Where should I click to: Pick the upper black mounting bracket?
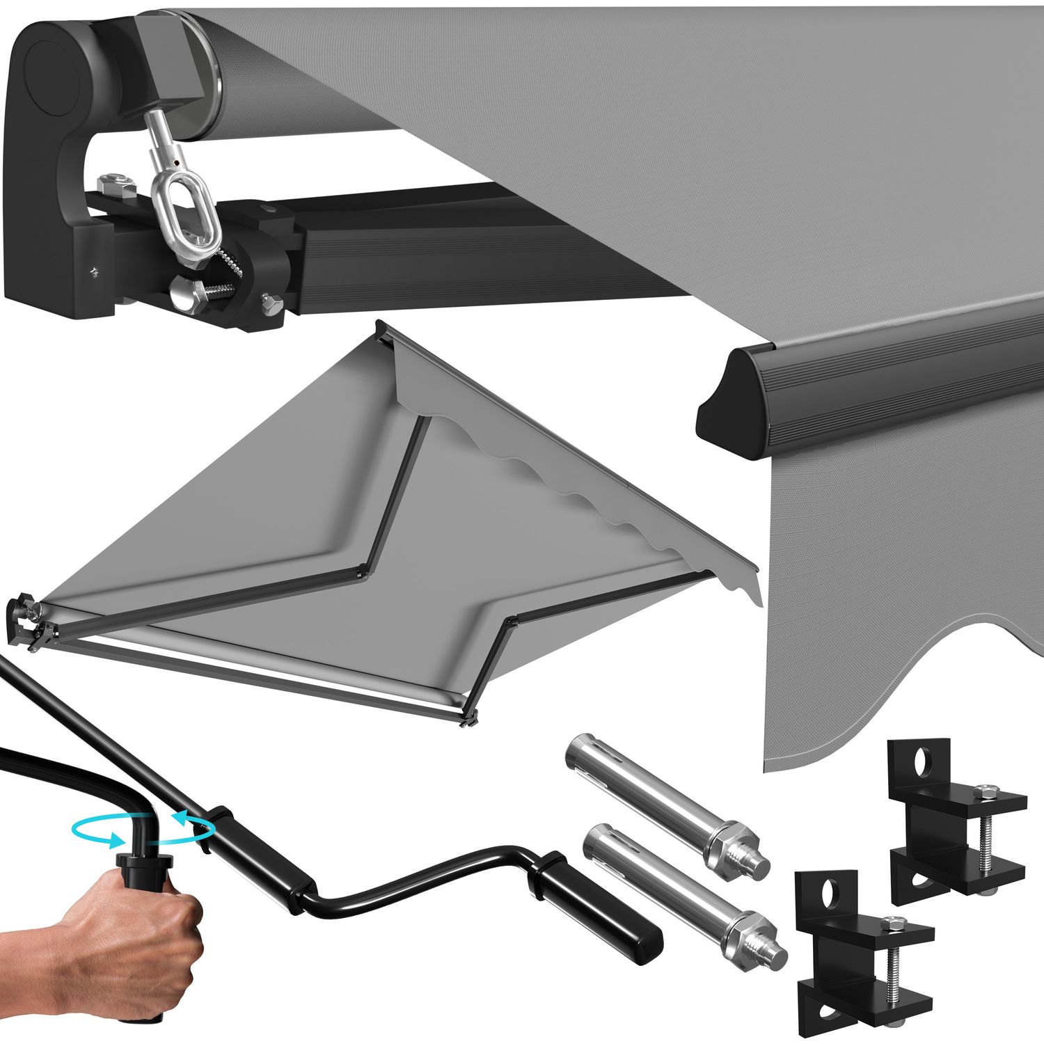[954, 828]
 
